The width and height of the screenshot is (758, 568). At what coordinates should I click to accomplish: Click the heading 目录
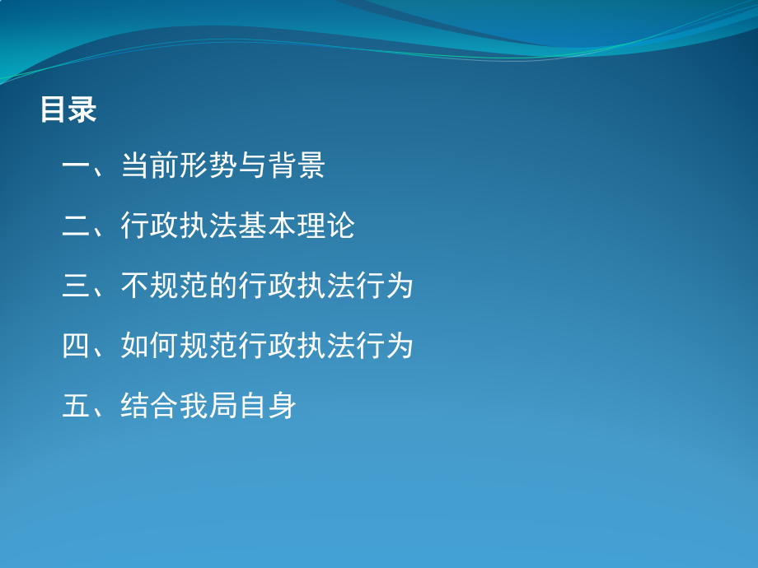[x=68, y=109]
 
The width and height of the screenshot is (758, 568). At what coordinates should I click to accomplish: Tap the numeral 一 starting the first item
[x=77, y=166]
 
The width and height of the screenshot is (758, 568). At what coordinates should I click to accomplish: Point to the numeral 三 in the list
[x=77, y=286]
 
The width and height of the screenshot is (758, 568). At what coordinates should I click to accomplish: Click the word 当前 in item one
[x=150, y=166]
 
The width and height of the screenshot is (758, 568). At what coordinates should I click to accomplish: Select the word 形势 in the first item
[x=208, y=166]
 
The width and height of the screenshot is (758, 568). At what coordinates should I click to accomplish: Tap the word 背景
[x=297, y=166]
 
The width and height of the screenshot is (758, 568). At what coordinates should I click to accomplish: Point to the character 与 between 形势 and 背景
[x=252, y=166]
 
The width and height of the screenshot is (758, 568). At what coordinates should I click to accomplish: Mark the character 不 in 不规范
[x=135, y=286]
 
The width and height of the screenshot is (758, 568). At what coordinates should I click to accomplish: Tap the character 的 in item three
[x=222, y=286]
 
